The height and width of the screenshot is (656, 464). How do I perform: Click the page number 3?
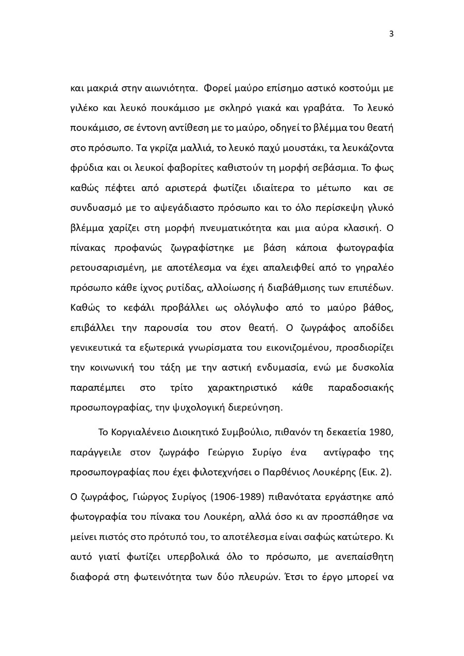pyautogui.click(x=391, y=34)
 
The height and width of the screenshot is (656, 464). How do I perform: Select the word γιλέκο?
pyautogui.click(x=83, y=108)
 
